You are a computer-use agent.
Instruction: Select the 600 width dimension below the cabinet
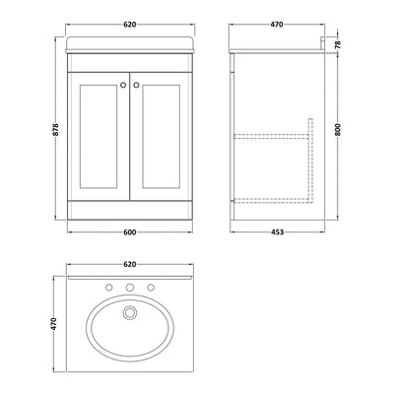pyautogui.click(x=124, y=231)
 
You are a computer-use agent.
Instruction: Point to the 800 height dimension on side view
pyautogui.click(x=339, y=127)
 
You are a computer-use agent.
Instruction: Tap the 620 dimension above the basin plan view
pyautogui.click(x=124, y=265)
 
